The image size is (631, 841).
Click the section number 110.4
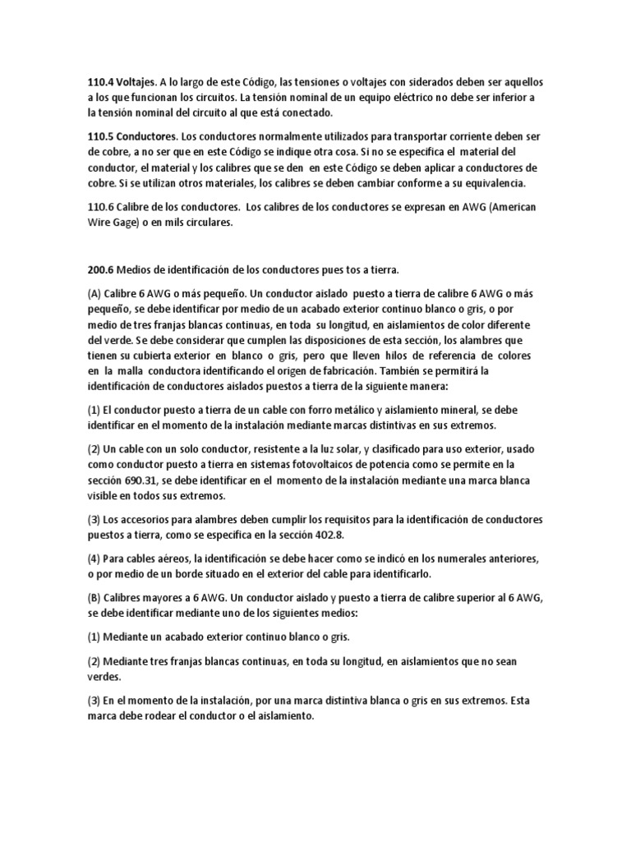click(x=103, y=83)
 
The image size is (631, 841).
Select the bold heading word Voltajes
click(x=142, y=83)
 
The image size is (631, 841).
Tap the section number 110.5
click(x=103, y=136)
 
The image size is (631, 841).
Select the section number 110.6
click(x=103, y=206)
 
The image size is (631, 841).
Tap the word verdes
click(x=104, y=677)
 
